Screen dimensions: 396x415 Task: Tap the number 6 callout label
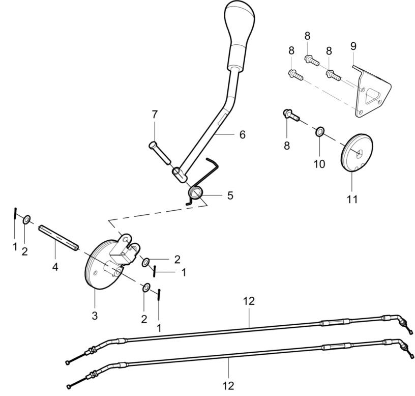[x=242, y=134]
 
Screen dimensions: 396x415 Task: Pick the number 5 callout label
[x=230, y=195]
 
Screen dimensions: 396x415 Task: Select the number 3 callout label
[x=95, y=315]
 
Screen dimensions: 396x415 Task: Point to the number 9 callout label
[x=353, y=46]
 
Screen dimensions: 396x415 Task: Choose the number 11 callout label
[x=352, y=199]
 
